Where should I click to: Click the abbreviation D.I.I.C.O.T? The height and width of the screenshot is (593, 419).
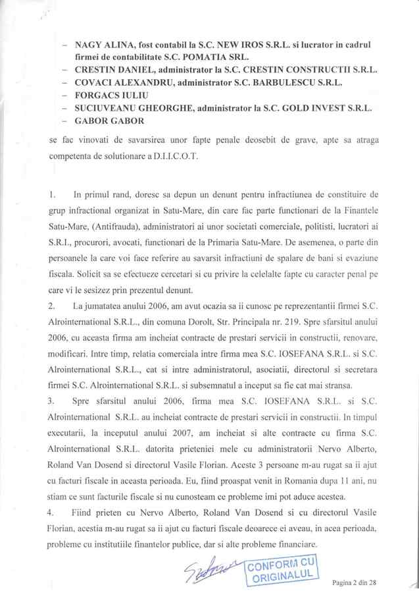click(x=158, y=159)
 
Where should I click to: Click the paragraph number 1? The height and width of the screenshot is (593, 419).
click(x=52, y=195)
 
